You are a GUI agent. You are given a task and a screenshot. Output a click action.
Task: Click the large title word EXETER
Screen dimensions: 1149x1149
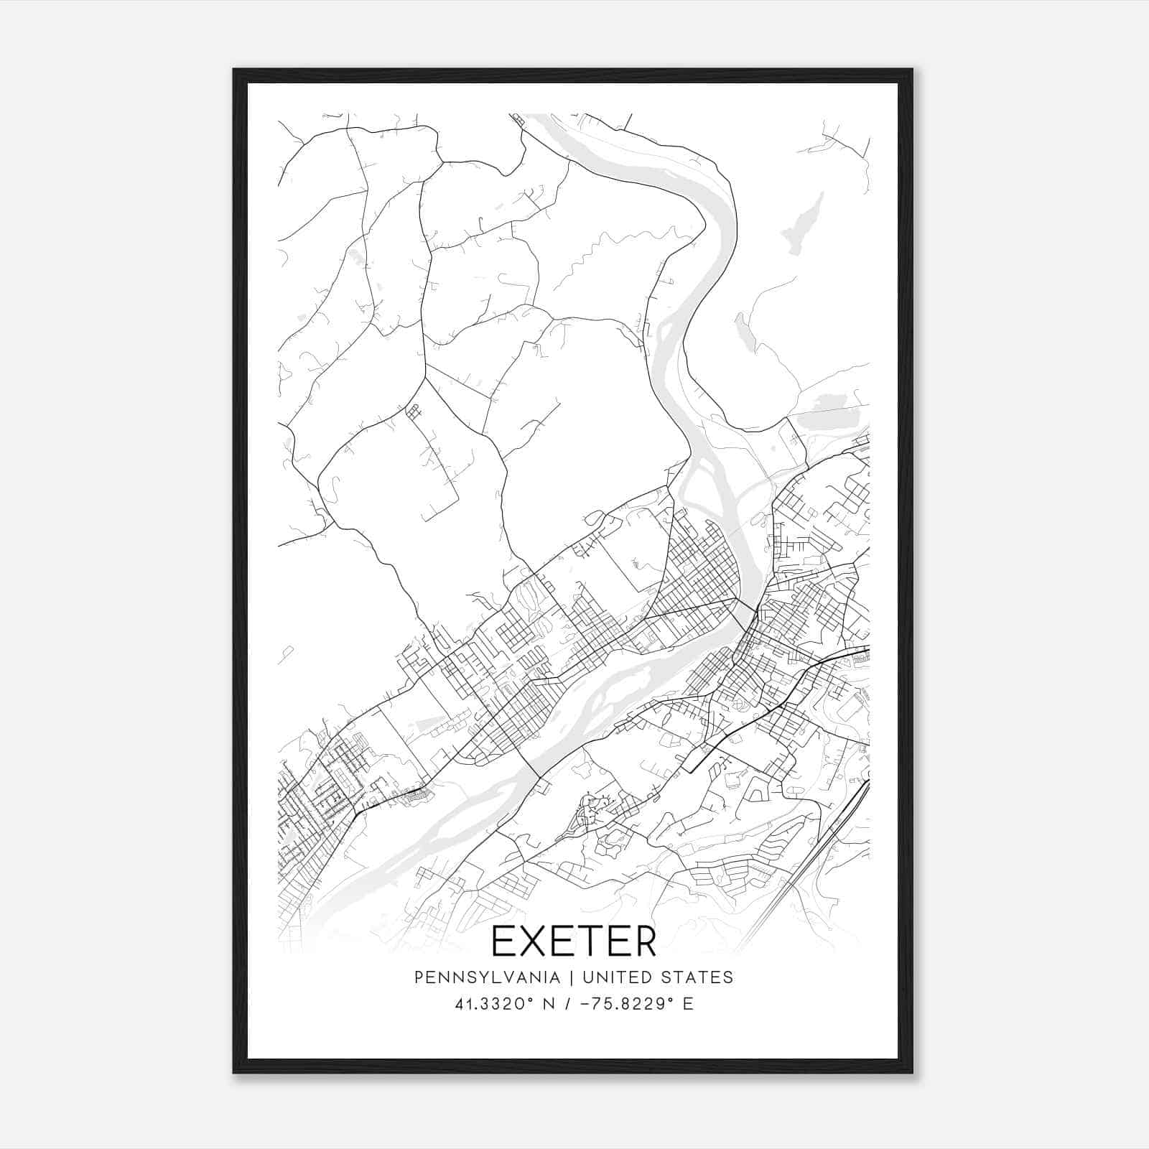[x=574, y=942]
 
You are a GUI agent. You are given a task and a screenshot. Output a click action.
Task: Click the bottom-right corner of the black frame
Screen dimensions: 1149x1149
[x=912, y=1071]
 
